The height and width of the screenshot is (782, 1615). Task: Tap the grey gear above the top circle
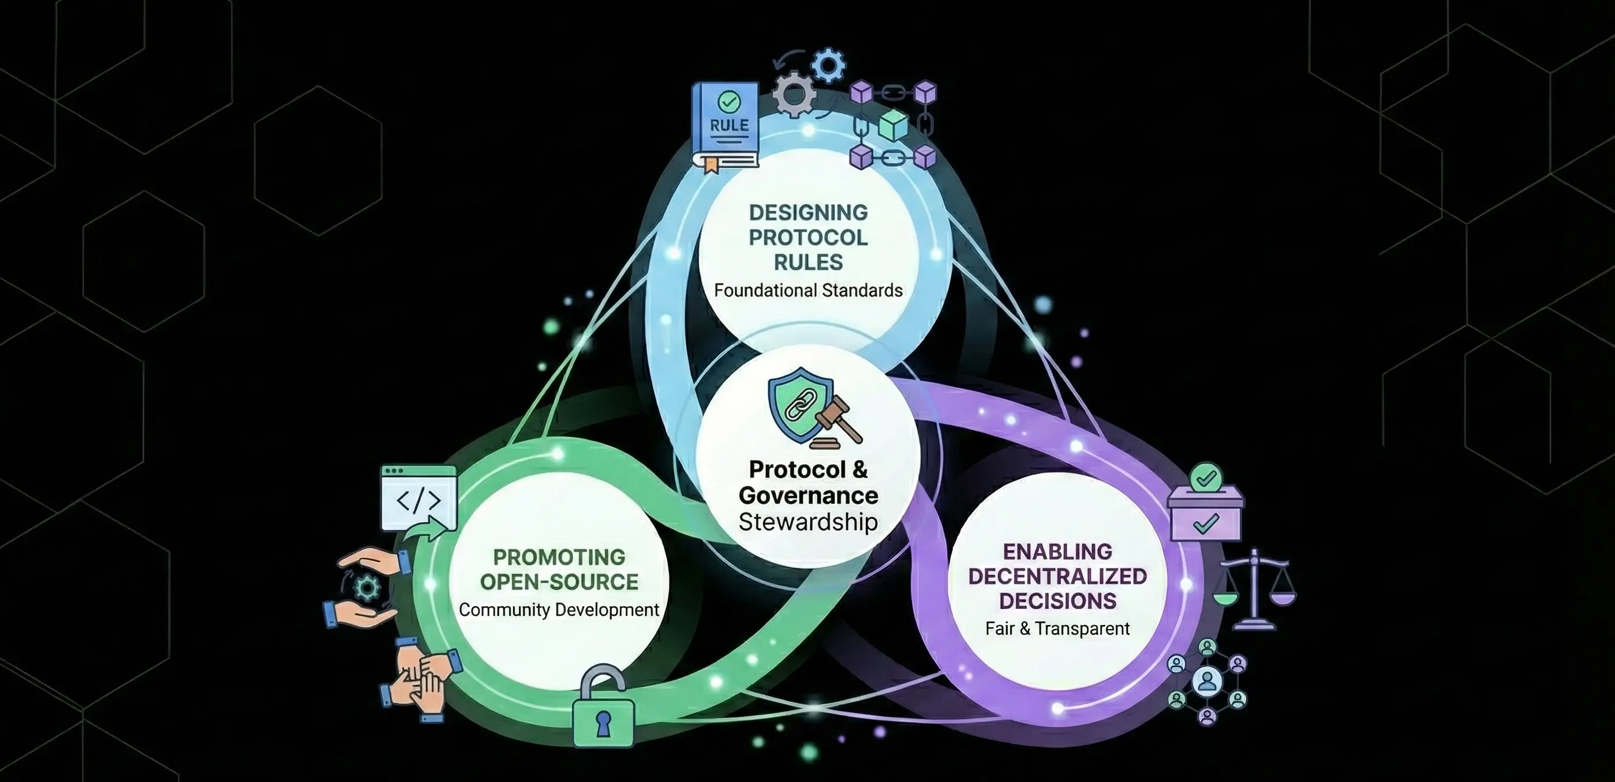tap(793, 95)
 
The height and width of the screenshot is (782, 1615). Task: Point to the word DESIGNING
tap(808, 212)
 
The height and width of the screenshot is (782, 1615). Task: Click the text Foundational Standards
tap(808, 291)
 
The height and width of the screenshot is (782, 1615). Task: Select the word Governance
tap(808, 495)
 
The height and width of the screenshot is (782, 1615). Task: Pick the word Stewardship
tap(808, 522)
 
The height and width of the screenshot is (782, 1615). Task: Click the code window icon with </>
tap(419, 498)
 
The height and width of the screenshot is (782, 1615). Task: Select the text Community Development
tap(559, 610)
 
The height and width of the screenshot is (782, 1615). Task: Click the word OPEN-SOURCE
tap(559, 582)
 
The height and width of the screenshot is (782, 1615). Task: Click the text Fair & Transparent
tap(1057, 629)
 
